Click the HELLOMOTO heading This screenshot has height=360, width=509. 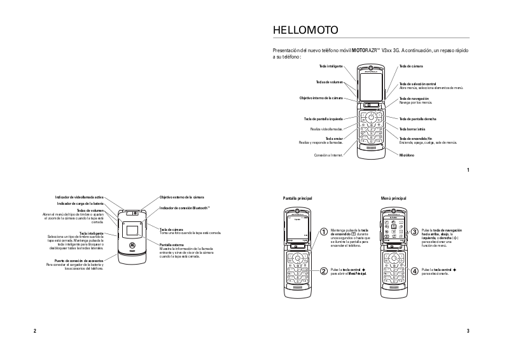coord(300,30)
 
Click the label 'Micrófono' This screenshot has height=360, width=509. coord(407,155)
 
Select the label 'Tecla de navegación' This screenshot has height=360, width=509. coord(414,99)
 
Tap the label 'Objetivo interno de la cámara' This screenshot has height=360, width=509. coord(321,98)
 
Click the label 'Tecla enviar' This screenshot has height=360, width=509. coord(334,138)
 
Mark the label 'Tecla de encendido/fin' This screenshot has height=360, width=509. coord(416,138)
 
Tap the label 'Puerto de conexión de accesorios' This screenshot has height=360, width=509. coord(79,261)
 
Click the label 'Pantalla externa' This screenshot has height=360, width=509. coord(172,244)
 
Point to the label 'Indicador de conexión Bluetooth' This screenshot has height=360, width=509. coord(185,208)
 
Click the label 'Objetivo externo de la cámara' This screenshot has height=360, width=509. coord(182,197)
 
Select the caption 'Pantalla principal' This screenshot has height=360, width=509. coord(297,198)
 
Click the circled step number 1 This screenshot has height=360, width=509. coord(324,232)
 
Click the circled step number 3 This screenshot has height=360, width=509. coord(415,232)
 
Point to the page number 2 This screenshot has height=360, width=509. coord(34,331)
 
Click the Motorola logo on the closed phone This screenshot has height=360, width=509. coord(132,245)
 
